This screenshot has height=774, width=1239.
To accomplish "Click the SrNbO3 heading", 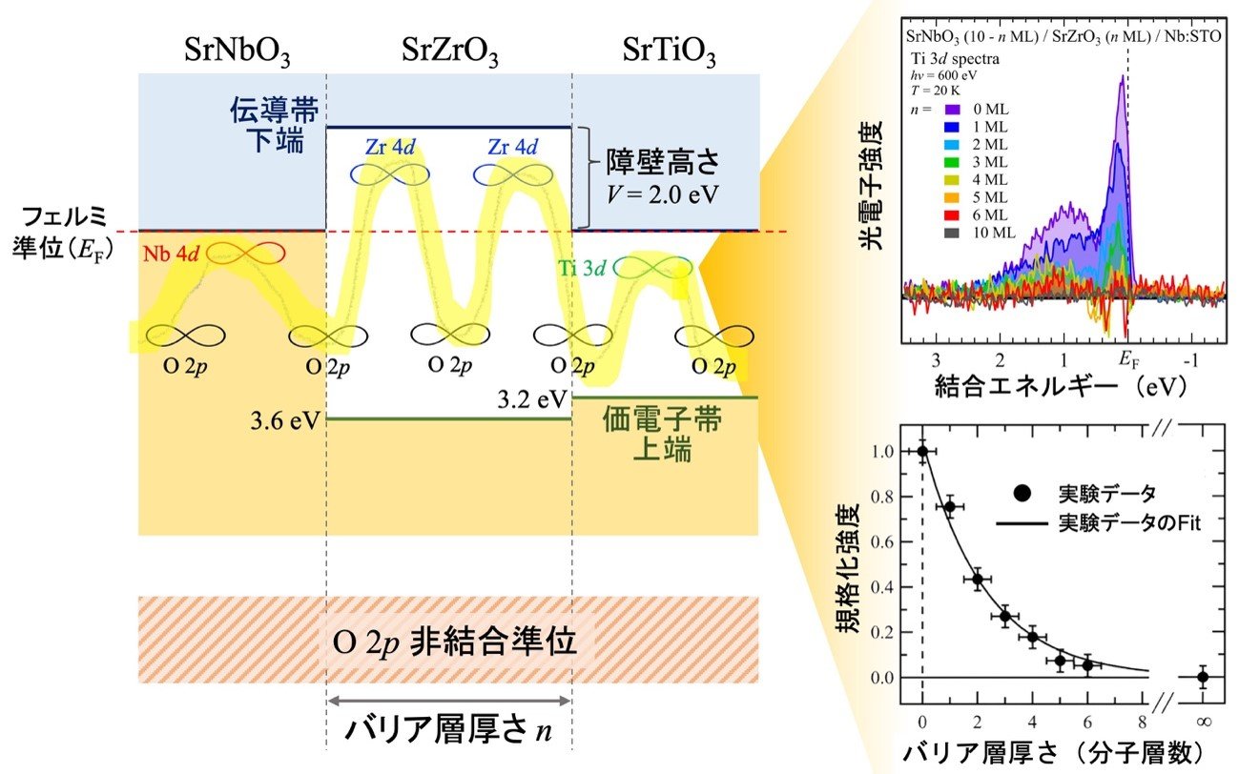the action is [237, 51].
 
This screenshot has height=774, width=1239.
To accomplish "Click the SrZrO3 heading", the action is [449, 51].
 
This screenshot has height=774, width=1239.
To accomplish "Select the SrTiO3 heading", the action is [669, 51].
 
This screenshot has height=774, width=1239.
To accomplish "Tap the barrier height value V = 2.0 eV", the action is [663, 194].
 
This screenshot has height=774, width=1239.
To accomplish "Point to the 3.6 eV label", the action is [285, 421].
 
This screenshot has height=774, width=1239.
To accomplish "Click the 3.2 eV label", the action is [532, 399].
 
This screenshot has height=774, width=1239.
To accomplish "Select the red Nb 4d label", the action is [171, 254].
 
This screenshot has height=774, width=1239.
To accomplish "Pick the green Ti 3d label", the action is [582, 269].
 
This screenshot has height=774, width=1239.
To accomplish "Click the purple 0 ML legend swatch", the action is [951, 110].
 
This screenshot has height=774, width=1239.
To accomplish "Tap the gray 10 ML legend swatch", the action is [951, 234].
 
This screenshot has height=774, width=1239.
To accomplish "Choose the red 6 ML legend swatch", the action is [951, 215].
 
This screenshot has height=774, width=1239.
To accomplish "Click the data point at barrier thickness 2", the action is [978, 580].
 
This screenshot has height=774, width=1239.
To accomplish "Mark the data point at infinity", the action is [1203, 677].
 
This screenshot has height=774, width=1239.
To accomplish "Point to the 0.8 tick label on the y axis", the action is [883, 497].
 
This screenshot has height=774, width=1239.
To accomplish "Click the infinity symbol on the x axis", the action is [1204, 722].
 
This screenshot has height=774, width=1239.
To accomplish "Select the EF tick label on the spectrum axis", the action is [1129, 360].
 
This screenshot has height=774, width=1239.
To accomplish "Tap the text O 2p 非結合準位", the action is [454, 642].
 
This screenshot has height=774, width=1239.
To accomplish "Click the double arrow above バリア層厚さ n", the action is [449, 701].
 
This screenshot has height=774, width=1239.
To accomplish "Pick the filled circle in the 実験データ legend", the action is [1022, 494].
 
